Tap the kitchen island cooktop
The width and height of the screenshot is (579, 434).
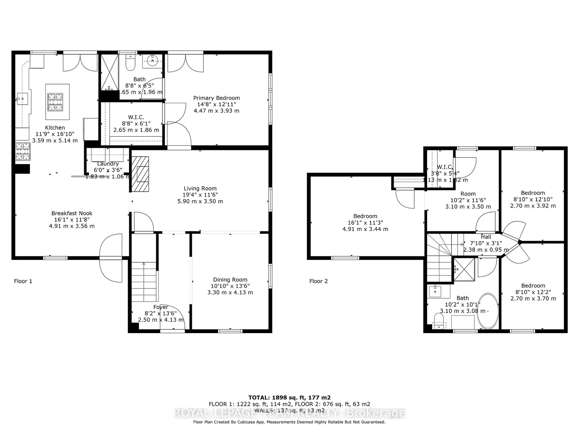coord(55,102)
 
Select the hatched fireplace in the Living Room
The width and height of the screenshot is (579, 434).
coord(140,174)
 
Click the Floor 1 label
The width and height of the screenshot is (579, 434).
coord(23,281)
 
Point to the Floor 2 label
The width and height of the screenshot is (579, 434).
coord(318,281)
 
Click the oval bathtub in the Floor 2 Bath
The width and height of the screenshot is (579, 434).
coord(487,311)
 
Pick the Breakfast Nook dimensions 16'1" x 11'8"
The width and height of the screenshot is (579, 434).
coord(72,220)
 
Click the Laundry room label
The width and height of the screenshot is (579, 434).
coord(108,164)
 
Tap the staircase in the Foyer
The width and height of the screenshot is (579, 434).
coord(144,282)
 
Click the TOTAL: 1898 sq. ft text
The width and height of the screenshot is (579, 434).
coord(289,398)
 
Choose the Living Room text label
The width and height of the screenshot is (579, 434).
coord(200,188)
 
